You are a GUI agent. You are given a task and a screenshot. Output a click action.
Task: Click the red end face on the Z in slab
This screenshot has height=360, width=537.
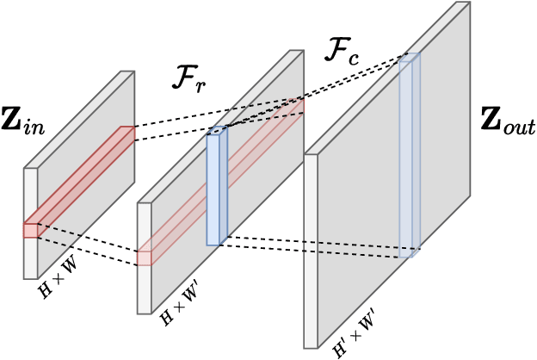[x=30, y=230]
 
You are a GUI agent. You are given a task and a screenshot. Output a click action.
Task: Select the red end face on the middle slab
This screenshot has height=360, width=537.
[x=145, y=258]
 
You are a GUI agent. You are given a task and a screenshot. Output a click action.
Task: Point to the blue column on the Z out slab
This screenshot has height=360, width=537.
[x=410, y=155]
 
